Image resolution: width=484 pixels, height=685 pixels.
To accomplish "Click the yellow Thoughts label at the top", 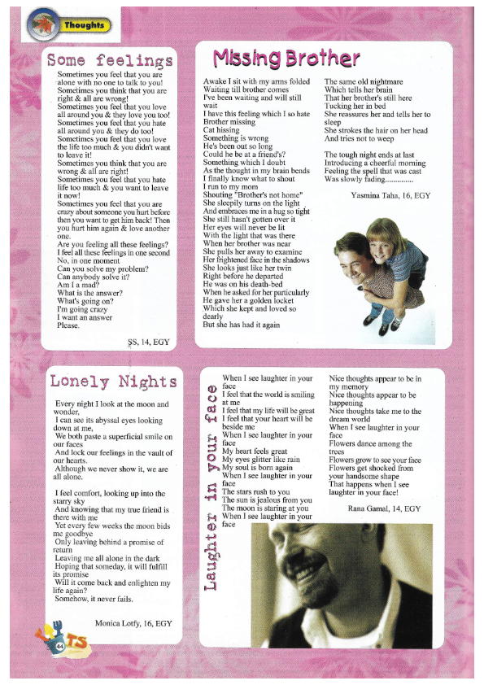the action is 84,25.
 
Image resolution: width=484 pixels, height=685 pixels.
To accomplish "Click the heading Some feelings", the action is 110,60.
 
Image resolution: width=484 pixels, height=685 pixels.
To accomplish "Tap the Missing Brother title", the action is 286,59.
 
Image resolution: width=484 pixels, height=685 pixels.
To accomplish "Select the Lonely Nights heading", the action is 113,382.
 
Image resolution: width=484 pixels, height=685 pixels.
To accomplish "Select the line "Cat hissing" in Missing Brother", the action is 221,130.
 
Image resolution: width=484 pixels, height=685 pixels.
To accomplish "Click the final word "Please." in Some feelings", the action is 68,325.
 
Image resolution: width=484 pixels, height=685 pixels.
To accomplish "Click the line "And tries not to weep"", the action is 359,138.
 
